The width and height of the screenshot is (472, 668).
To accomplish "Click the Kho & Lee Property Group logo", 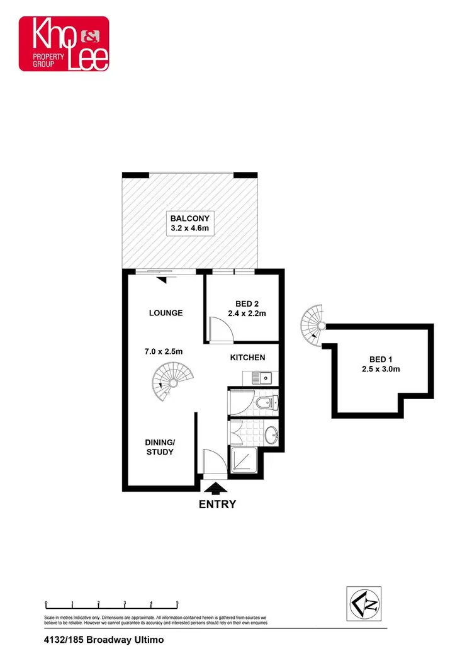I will (64, 43).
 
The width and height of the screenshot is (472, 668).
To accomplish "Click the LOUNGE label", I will (166, 313).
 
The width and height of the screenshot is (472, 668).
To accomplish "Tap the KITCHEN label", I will (247, 358).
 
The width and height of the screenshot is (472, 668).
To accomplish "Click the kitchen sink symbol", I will (260, 378).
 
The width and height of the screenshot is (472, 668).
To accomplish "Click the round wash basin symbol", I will (271, 434).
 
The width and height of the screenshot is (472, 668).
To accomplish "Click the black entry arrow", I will (217, 488).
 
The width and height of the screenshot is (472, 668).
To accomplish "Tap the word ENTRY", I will (217, 504).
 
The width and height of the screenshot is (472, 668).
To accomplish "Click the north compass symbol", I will (365, 604).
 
